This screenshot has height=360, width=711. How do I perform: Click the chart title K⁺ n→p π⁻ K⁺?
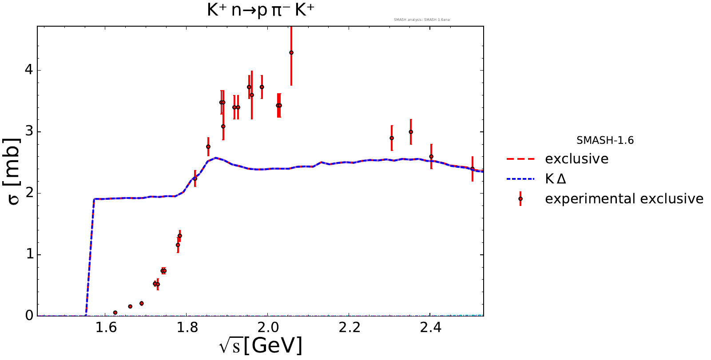[x=260, y=11]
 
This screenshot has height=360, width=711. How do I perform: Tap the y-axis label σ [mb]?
[x=14, y=171]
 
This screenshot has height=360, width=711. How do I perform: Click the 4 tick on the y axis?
[x=29, y=70]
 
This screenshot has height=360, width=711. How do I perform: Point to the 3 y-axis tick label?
[x=29, y=132]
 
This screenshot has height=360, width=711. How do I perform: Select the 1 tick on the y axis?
[x=29, y=254]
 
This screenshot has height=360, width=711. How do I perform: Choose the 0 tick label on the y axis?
[x=29, y=316]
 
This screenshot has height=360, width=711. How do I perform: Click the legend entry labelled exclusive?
[x=576, y=159]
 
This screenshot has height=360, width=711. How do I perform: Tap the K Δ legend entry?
[x=555, y=179]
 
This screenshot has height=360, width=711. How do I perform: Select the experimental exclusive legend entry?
[x=624, y=199]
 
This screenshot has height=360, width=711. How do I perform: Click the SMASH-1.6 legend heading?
[x=605, y=141]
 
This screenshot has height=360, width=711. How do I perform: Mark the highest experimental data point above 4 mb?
[x=291, y=53]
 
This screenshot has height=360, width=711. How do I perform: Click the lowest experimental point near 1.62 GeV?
[x=115, y=313]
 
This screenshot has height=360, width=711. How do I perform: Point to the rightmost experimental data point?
[x=472, y=169]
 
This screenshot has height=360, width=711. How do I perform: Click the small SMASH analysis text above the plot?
[x=421, y=20]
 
